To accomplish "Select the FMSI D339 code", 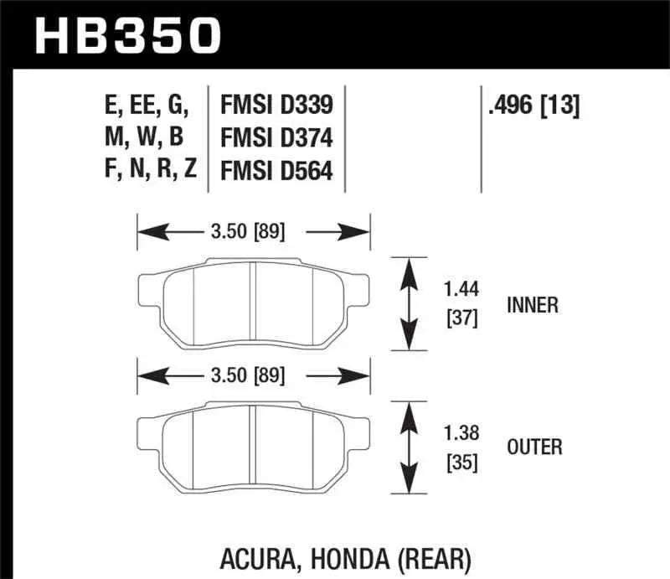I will (x=276, y=106).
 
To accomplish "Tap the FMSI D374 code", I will (x=276, y=137).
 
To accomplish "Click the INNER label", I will (x=532, y=305).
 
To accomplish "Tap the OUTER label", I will (x=534, y=447).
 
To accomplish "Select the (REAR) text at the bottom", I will (x=437, y=557).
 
